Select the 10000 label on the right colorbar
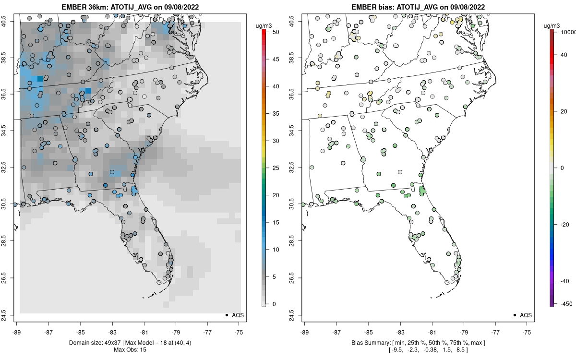tap(568, 31)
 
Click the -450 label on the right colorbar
tap(564, 304)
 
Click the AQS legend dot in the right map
tap(515, 315)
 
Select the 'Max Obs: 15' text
tap(130, 350)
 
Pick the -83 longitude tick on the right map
tap(400, 332)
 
